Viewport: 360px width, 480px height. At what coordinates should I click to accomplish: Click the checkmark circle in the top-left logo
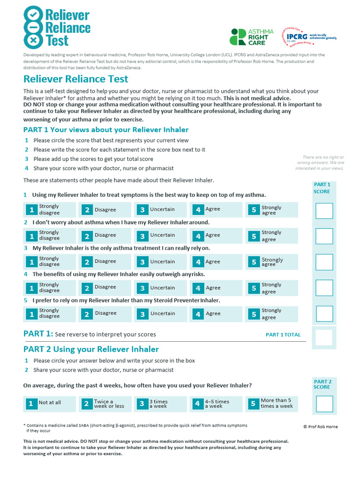(32, 15)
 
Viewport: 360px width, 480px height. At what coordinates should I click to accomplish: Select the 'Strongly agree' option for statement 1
(271, 210)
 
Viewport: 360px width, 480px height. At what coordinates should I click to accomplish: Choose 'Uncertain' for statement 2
(161, 235)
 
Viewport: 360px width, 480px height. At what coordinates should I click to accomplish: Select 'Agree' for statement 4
(216, 288)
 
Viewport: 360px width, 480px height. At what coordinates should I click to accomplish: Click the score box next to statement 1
(324, 211)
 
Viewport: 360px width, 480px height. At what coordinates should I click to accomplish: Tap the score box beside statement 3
(324, 262)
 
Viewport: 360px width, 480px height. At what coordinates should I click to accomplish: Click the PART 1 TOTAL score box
(324, 337)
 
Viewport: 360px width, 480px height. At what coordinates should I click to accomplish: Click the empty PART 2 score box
(324, 404)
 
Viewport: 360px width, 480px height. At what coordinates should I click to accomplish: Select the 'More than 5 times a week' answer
(271, 404)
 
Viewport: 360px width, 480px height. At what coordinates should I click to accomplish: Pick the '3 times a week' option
(161, 404)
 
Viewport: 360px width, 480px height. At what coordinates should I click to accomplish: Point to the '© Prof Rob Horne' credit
(320, 427)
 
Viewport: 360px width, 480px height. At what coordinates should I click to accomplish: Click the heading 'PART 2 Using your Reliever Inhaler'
(91, 349)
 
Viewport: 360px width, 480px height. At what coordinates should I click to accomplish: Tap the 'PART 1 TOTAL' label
(283, 335)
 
